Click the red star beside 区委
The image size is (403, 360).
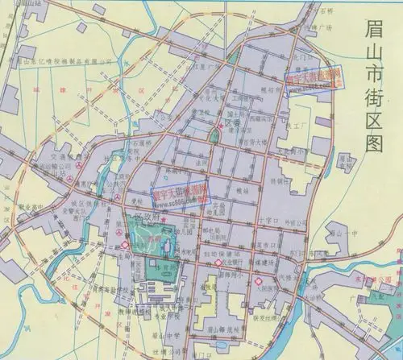click(x=219, y=127)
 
